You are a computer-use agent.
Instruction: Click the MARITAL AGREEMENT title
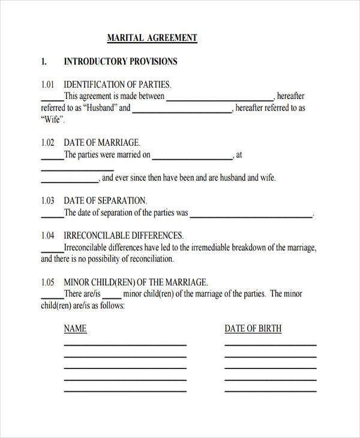[x=152, y=38]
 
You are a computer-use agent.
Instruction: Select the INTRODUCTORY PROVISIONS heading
[x=120, y=62]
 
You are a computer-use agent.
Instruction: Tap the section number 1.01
[x=47, y=85]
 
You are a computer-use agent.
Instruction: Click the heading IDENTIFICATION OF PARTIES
[x=117, y=85]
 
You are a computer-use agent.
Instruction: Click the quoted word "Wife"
[x=53, y=120]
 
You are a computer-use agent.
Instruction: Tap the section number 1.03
[x=47, y=201]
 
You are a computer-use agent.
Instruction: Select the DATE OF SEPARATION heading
[x=105, y=201]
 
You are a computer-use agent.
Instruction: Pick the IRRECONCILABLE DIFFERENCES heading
[x=123, y=236]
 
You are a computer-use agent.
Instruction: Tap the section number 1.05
[x=47, y=282]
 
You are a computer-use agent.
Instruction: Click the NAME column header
[x=75, y=329]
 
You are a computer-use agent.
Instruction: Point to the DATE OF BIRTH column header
[x=253, y=329]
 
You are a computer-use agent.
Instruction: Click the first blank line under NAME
[x=125, y=345]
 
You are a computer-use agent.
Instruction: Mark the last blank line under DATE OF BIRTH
[x=270, y=391]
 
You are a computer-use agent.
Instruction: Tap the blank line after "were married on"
[x=192, y=158]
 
